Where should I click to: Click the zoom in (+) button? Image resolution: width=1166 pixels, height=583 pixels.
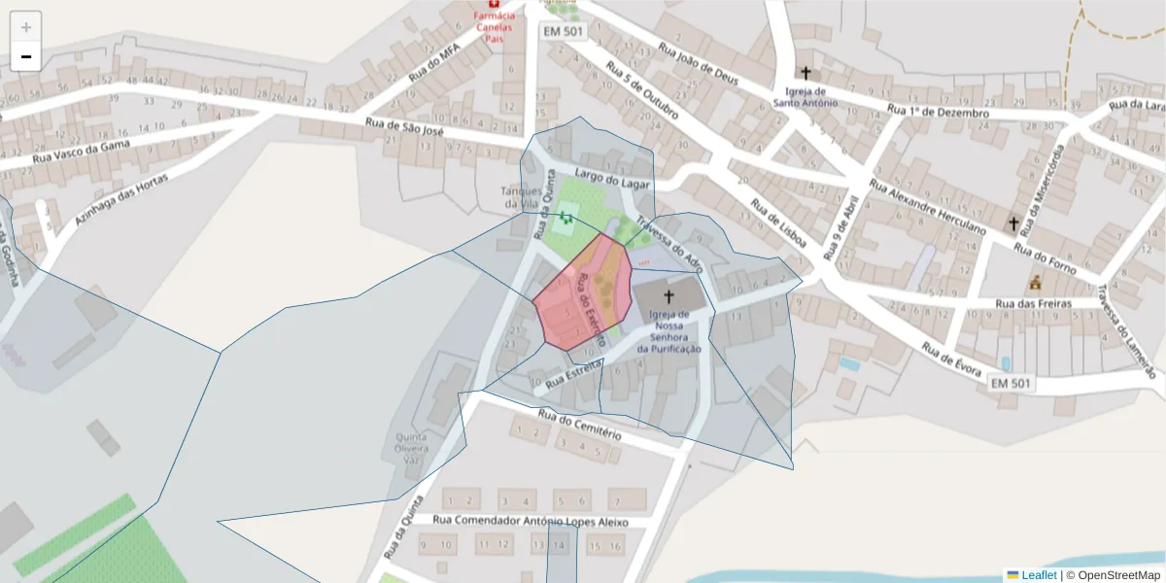coord(26,27)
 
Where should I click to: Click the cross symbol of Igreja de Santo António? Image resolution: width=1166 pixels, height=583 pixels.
coord(805,72)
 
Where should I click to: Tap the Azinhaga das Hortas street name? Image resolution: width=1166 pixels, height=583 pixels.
coord(121,200)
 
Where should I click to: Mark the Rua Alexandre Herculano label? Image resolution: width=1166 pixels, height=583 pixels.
coord(927,207)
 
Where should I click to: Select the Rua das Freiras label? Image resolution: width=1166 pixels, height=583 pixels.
coord(1033,303)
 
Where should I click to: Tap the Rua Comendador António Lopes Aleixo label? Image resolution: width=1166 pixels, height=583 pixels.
coord(531,523)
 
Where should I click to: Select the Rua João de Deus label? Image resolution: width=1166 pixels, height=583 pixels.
coord(699,67)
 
